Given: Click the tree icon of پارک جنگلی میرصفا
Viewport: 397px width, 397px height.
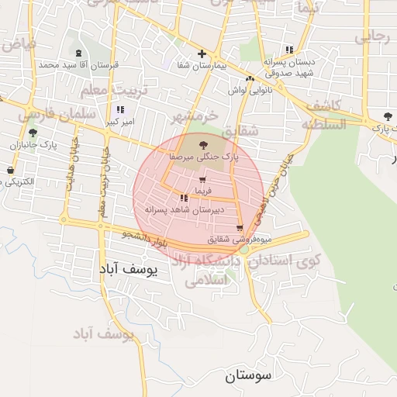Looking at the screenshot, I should point(203,144).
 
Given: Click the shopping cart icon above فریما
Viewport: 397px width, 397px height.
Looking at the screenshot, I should point(202,179).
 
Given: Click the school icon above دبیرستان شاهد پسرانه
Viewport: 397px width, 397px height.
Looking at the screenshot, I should point(184,198).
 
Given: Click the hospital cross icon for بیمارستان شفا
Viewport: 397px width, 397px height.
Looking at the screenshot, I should point(202,54).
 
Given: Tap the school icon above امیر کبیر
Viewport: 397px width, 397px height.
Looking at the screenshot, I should point(121,109).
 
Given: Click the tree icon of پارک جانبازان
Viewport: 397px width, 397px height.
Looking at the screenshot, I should point(32,133).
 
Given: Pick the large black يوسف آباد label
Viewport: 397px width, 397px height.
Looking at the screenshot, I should point(129,269).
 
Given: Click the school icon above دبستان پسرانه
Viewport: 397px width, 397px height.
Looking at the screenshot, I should point(289,50).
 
